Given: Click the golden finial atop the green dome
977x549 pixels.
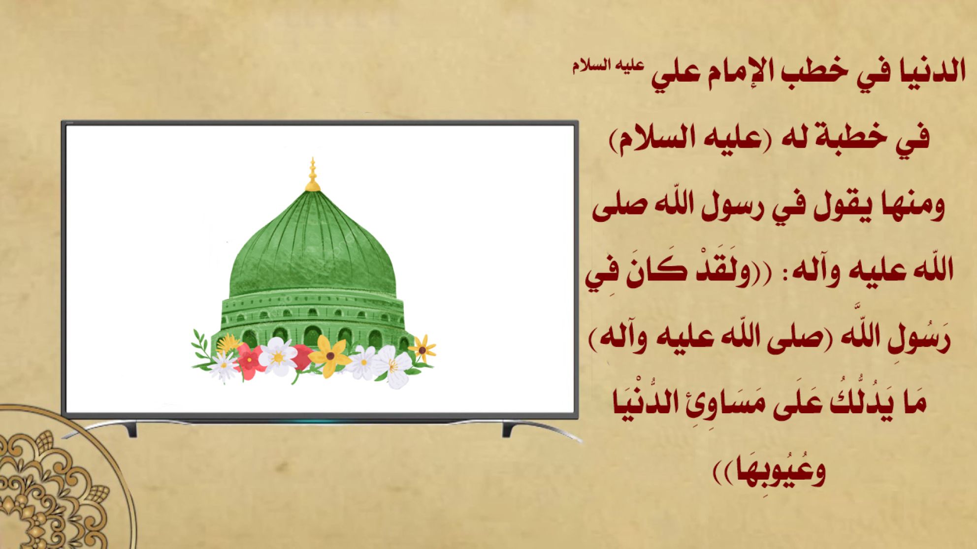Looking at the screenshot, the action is (x=312, y=175).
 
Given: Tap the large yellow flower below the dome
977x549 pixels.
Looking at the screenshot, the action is (x=329, y=355).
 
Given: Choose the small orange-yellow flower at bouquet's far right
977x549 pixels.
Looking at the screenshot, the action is (x=422, y=349).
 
